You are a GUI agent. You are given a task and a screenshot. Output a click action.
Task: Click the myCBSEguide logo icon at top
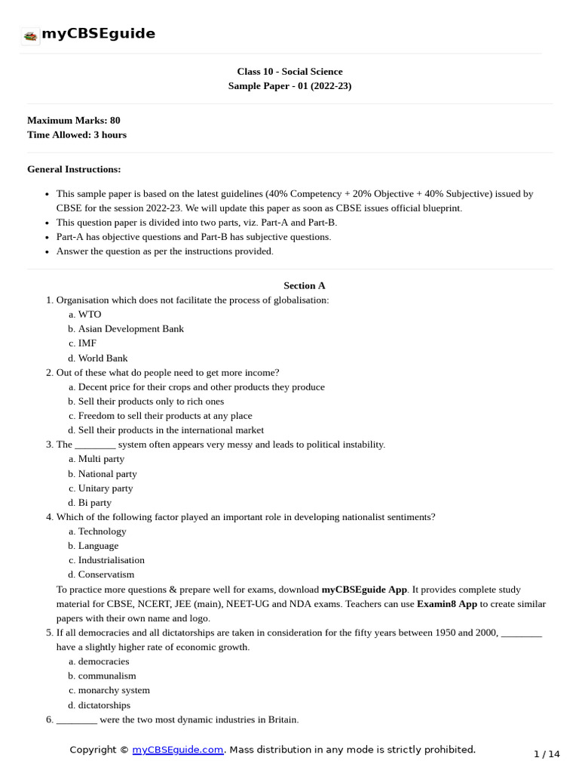pos(30,35)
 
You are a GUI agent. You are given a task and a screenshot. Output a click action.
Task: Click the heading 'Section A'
pos(304,285)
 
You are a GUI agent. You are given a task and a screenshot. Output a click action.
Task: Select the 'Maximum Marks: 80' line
pos(73,120)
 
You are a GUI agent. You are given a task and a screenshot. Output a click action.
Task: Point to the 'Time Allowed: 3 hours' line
pos(77,134)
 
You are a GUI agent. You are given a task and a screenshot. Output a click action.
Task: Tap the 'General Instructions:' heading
pos(74,169)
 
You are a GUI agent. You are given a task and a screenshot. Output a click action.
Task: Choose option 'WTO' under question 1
pos(89,314)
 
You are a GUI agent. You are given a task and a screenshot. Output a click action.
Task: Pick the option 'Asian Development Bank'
pos(130,328)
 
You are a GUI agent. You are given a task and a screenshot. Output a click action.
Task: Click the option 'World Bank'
pos(103,358)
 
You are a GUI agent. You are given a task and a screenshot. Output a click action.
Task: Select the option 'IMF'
pos(87,343)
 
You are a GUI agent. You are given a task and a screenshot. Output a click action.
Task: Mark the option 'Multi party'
pos(101,458)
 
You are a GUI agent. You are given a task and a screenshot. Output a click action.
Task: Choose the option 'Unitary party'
pos(105,488)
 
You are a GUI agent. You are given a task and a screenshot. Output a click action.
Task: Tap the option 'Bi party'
pos(94,502)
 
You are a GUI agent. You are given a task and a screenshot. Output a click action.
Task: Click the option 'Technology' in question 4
pos(102,531)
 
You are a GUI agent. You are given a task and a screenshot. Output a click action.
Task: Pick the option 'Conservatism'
pos(106,574)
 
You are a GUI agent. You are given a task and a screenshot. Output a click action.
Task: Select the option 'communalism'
pos(107,676)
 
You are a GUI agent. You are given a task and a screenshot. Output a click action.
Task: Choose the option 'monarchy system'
pos(114,690)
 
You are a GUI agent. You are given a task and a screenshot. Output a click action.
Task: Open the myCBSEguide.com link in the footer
pos(178,750)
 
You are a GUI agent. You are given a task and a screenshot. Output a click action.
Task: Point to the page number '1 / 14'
pos(547,754)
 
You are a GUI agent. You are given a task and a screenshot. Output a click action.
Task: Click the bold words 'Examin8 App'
pos(448,604)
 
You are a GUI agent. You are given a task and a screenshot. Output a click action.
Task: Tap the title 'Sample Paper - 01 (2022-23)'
pos(289,86)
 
